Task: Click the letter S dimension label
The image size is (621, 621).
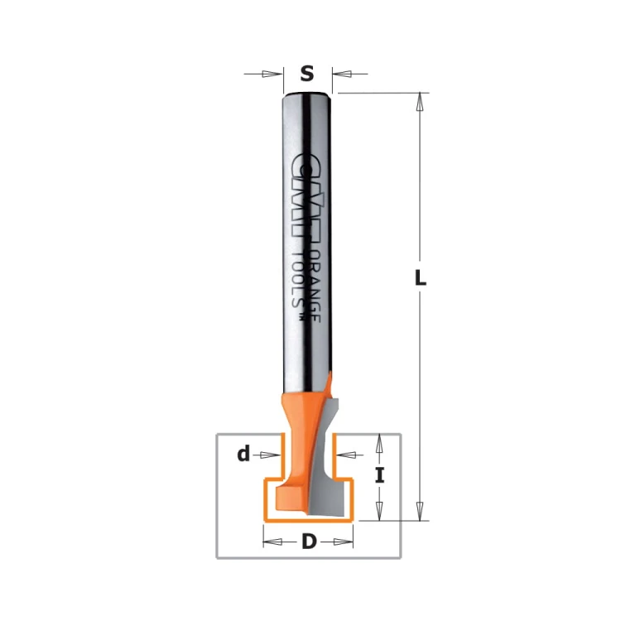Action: click(307, 74)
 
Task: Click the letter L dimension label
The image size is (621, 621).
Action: click(420, 277)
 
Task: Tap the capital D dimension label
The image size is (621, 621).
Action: click(309, 542)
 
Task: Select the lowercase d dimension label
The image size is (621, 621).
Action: click(243, 454)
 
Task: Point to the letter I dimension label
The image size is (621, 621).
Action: click(379, 475)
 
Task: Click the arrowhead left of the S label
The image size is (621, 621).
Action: click(272, 74)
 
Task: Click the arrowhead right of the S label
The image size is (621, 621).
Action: click(342, 74)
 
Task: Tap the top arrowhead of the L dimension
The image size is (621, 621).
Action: click(420, 103)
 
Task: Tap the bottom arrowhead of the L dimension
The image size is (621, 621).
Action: click(420, 511)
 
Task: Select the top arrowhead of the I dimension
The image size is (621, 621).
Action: click(379, 444)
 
